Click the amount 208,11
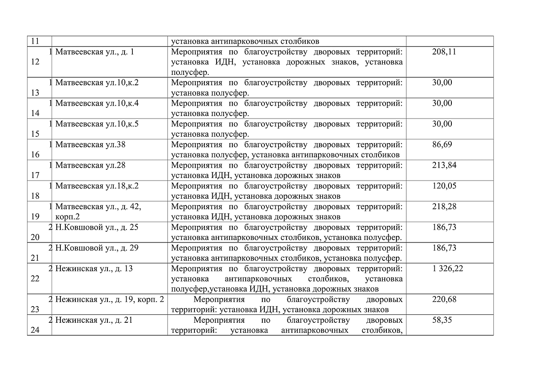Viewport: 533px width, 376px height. [441, 52]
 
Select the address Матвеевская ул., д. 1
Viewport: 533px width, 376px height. [95, 52]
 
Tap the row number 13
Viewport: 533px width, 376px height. [35, 92]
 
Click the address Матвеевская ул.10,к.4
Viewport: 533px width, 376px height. [97, 103]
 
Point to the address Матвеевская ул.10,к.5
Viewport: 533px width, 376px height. [97, 124]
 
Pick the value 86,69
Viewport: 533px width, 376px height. [442, 145]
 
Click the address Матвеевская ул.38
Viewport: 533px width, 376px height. [90, 145]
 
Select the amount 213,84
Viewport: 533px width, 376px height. [444, 166]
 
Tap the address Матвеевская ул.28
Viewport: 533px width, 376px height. [90, 166]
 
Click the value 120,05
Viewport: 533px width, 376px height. [444, 186]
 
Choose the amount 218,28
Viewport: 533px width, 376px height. [444, 207]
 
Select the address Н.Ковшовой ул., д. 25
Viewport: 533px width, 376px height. [97, 228]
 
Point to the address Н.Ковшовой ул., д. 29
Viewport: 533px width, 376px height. [97, 248]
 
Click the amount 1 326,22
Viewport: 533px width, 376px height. [448, 269]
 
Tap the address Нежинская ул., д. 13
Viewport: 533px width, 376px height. [94, 269]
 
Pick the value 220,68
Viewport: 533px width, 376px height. [444, 299]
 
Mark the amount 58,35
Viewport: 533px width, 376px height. [442, 320]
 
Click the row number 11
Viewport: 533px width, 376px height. [35, 41]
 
